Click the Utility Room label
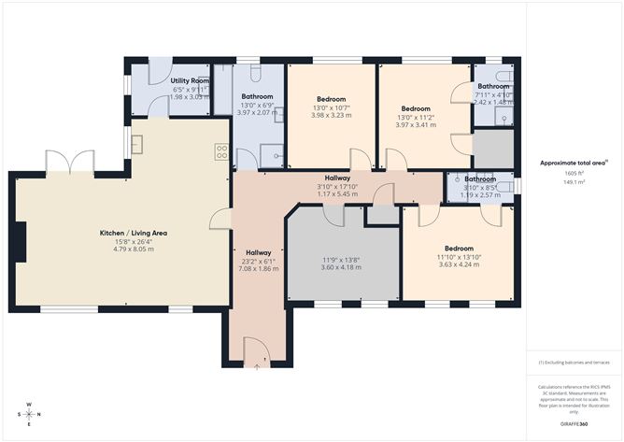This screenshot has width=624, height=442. pyautogui.click(x=189, y=81)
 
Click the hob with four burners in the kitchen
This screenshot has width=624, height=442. pyautogui.click(x=222, y=150)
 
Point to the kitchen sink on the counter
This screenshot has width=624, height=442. pyautogui.click(x=137, y=144)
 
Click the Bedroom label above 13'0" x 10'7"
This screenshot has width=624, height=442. pyautogui.click(x=331, y=99)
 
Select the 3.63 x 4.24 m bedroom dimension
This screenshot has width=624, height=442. pyautogui.click(x=458, y=264)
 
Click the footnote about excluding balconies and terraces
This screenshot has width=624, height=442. pyautogui.click(x=573, y=362)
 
